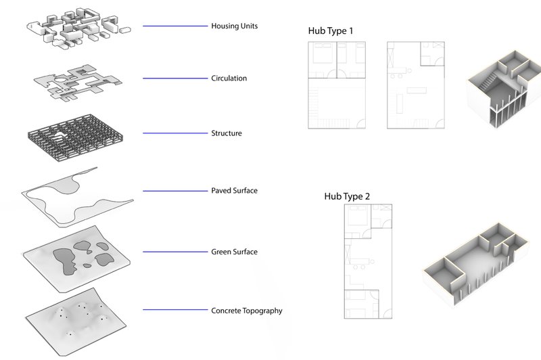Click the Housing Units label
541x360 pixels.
[x=235, y=26]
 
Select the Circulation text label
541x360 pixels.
[x=229, y=78]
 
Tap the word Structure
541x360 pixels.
[x=227, y=133]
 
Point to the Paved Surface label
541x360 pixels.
[x=234, y=191]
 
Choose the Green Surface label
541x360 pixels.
[x=234, y=252]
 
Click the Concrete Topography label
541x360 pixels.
[x=247, y=311]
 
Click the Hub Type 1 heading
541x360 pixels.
[x=331, y=31]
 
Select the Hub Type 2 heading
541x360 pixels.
[x=347, y=196]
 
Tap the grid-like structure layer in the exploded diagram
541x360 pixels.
[x=72, y=133]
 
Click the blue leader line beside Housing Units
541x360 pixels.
[x=174, y=26]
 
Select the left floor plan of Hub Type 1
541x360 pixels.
[x=337, y=85]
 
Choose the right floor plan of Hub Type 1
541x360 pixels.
[x=417, y=85]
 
